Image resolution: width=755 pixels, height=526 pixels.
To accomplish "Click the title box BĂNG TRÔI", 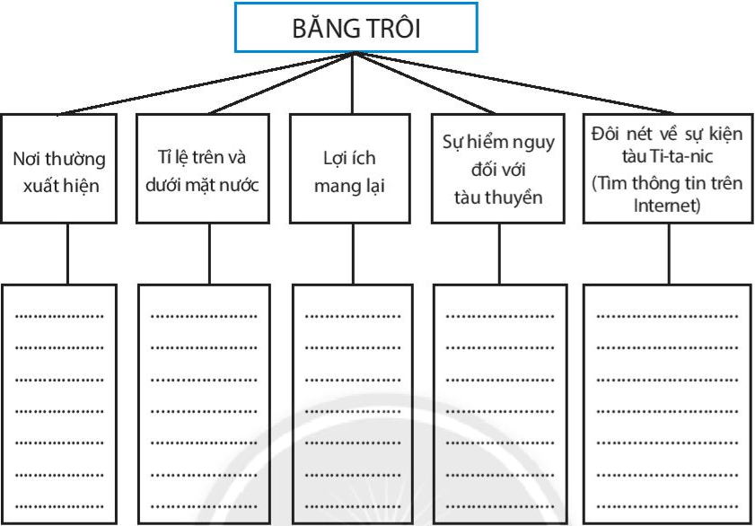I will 356,27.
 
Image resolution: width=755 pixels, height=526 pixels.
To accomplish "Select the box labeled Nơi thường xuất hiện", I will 58,168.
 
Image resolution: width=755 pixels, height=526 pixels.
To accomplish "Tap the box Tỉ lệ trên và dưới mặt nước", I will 203,168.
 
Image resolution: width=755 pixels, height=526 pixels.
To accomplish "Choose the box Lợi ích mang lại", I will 350,168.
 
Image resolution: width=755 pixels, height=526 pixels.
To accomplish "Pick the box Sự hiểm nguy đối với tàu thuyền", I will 498,168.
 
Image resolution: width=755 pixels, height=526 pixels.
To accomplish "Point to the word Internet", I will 666,205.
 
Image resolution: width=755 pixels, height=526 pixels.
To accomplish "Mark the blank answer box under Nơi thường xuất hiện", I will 58,404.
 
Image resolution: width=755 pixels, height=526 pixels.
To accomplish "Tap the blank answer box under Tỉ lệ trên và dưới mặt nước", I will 203,404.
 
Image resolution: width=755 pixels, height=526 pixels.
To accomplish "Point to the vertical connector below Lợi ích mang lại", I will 352,253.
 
